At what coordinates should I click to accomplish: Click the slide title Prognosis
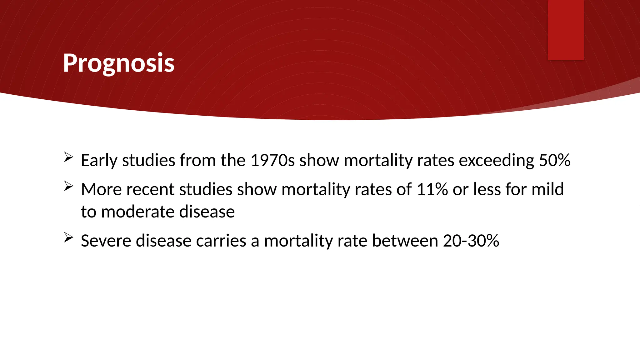pyautogui.click(x=118, y=63)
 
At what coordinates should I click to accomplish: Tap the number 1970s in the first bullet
pyautogui.click(x=272, y=160)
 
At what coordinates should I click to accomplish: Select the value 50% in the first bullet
pyautogui.click(x=555, y=160)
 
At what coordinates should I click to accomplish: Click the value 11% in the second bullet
pyautogui.click(x=432, y=189)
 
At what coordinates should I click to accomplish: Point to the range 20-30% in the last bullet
pyautogui.click(x=471, y=241)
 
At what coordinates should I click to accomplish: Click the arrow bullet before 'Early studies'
pyautogui.click(x=68, y=157)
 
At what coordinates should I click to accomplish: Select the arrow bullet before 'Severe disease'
pyautogui.click(x=68, y=237)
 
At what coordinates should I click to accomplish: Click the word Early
pyautogui.click(x=99, y=161)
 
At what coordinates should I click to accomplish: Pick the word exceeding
pyautogui.click(x=496, y=161)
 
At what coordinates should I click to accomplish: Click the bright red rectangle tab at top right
pyautogui.click(x=566, y=30)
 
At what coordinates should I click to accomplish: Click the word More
pyautogui.click(x=101, y=189)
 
